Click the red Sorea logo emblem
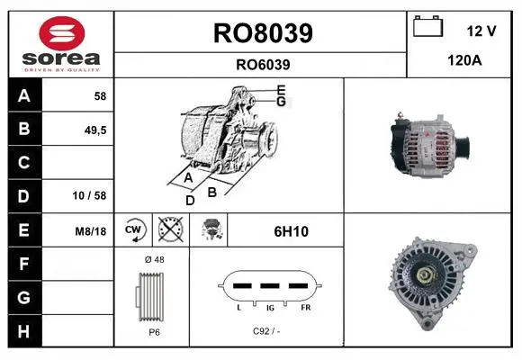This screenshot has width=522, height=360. pos(62,33)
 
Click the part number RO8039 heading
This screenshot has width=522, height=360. pos(263,33)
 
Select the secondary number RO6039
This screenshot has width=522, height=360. pos(263,65)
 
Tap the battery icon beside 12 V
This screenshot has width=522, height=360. pos(428,26)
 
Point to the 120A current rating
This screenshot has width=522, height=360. pos(464,60)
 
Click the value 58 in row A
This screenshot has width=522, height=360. pos(100,96)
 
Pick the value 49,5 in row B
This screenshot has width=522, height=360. pos(95,130)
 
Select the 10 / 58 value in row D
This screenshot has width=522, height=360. pos(89,195)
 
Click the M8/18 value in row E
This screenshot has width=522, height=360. pos(91,231)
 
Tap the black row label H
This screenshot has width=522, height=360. pos(24,331)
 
